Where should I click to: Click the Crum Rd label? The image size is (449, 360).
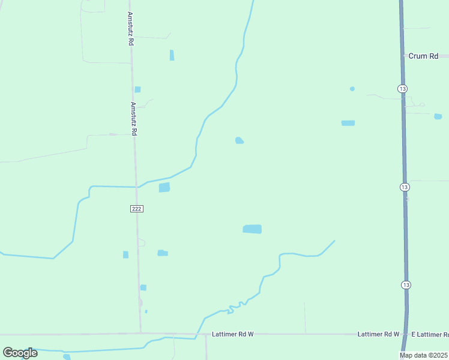tap(423, 56)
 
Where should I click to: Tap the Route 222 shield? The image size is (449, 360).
tap(136, 208)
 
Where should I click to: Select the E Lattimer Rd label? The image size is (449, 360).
tap(429, 334)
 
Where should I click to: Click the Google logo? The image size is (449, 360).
tap(20, 353)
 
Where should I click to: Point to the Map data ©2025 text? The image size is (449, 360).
tap(424, 355)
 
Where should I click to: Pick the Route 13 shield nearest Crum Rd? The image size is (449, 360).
tap(401, 88)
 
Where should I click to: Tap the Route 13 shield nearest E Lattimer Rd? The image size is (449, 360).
tap(406, 284)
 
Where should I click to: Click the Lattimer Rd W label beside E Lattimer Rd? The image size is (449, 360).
tap(378, 334)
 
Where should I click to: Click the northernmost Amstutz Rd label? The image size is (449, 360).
tap(130, 29)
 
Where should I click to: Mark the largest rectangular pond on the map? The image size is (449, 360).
tap(252, 229)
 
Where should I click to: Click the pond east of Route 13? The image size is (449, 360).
tap(438, 116)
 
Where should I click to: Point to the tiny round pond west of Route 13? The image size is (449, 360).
tap(352, 89)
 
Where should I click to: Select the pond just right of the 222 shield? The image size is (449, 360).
tap(164, 188)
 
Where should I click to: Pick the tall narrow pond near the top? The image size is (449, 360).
tap(172, 55)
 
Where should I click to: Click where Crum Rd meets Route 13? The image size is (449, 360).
tap(402, 56)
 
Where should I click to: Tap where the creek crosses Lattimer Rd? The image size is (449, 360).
tap(197, 334)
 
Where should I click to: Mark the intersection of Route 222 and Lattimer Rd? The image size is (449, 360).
tap(141, 333)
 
